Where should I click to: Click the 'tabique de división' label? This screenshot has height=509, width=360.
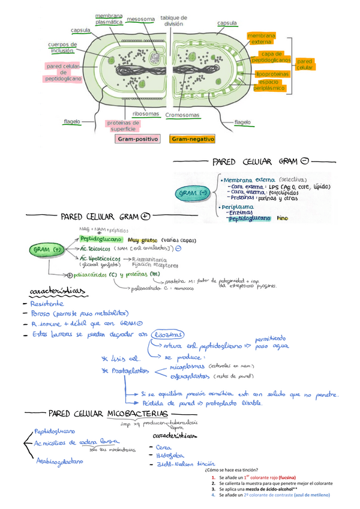[x=173, y=21]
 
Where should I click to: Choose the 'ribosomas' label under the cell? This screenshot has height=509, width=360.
[x=146, y=113]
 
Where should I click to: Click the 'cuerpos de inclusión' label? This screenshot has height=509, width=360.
[x=62, y=47]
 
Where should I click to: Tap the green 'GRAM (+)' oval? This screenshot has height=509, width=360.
[x=49, y=248]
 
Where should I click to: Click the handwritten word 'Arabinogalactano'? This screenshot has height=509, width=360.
[x=59, y=462]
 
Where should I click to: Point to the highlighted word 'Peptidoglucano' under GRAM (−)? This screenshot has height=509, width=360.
[x=249, y=218]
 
